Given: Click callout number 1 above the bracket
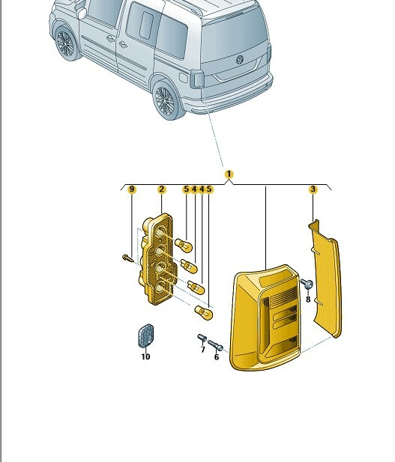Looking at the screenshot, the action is pyautogui.click(x=229, y=174).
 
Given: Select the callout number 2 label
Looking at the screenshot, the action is pyautogui.click(x=161, y=189).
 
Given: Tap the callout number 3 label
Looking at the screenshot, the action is pyautogui.click(x=313, y=189).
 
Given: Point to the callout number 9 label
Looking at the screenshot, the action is pyautogui.click(x=132, y=189).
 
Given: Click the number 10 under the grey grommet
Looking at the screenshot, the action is pyautogui.click(x=145, y=357).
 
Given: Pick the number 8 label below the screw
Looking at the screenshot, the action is pyautogui.click(x=308, y=300).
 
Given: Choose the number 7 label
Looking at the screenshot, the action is pyautogui.click(x=202, y=350).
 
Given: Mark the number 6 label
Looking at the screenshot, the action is pyautogui.click(x=217, y=357).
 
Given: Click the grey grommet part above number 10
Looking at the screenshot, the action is pyautogui.click(x=145, y=336).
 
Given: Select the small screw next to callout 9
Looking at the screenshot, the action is pyautogui.click(x=127, y=258).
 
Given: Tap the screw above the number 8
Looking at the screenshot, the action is pyautogui.click(x=307, y=284).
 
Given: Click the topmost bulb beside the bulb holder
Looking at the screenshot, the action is pyautogui.click(x=184, y=245).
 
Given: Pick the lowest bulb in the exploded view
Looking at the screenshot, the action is pyautogui.click(x=204, y=312).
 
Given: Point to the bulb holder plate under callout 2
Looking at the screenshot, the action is pyautogui.click(x=158, y=259).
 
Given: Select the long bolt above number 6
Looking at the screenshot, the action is pyautogui.click(x=215, y=346).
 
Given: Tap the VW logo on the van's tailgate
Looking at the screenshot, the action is pyautogui.click(x=240, y=59).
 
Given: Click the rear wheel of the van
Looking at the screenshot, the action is pyautogui.click(x=166, y=100).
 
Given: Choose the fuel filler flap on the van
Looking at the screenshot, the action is pyautogui.click(x=184, y=78).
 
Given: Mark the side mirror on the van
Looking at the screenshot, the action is pyautogui.click(x=82, y=13).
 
